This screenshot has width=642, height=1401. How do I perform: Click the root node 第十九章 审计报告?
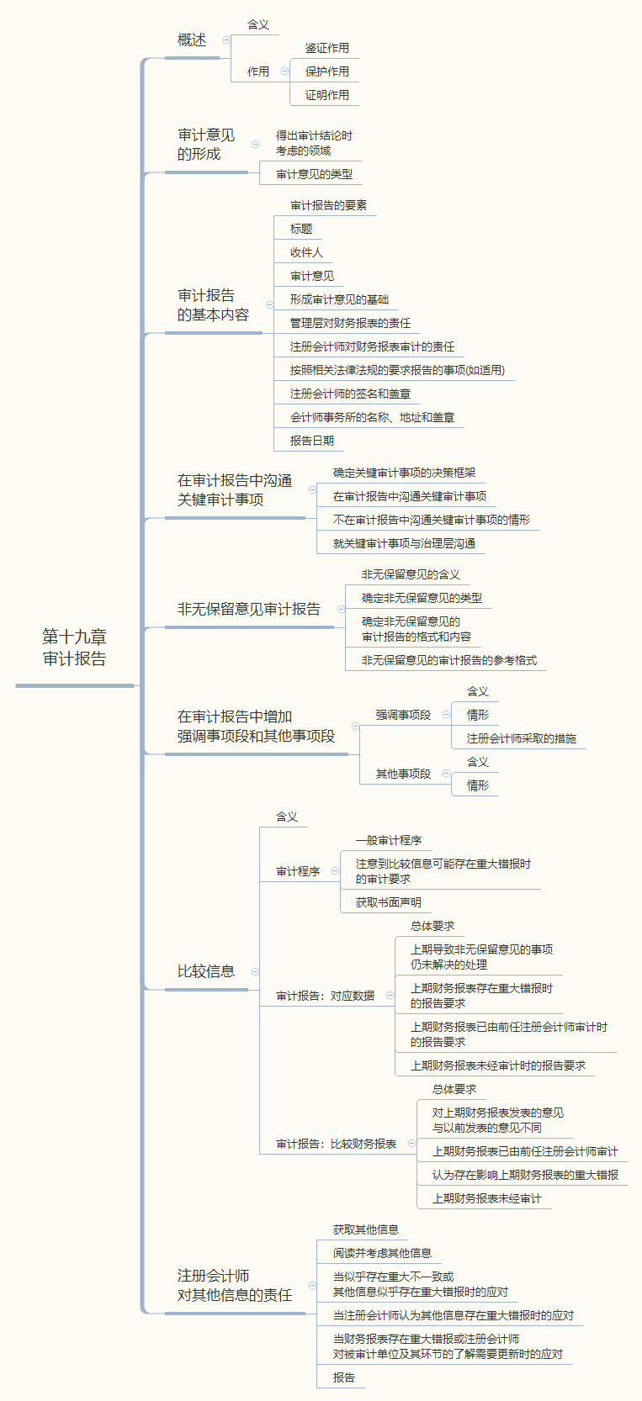point(75,648)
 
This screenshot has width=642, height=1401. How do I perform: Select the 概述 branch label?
point(192,40)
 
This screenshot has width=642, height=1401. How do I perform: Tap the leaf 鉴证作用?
point(326,49)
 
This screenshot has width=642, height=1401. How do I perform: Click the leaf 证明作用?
point(326,96)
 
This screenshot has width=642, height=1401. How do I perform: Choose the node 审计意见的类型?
point(314,175)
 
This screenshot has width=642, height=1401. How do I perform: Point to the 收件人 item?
point(306,253)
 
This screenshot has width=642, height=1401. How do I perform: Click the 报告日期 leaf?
point(312,441)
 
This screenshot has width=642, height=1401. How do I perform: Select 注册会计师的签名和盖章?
point(350,394)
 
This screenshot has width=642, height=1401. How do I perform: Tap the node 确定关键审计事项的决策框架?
point(404,473)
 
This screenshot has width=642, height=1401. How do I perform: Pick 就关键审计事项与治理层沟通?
point(404,544)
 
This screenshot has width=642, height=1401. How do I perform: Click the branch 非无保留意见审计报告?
point(248,610)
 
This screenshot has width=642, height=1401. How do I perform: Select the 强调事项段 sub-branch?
point(403,716)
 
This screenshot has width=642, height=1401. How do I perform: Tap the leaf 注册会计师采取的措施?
point(521,739)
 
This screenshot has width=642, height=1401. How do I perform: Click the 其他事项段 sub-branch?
point(403,775)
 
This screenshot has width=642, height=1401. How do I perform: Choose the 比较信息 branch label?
point(206,972)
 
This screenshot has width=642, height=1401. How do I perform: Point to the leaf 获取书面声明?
point(388,903)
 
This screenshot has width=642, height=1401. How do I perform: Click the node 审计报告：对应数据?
point(325,997)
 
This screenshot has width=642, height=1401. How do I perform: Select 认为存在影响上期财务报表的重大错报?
point(525,1176)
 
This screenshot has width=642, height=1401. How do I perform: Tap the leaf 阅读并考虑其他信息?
point(382,1254)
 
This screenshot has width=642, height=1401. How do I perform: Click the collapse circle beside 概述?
point(226,40)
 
